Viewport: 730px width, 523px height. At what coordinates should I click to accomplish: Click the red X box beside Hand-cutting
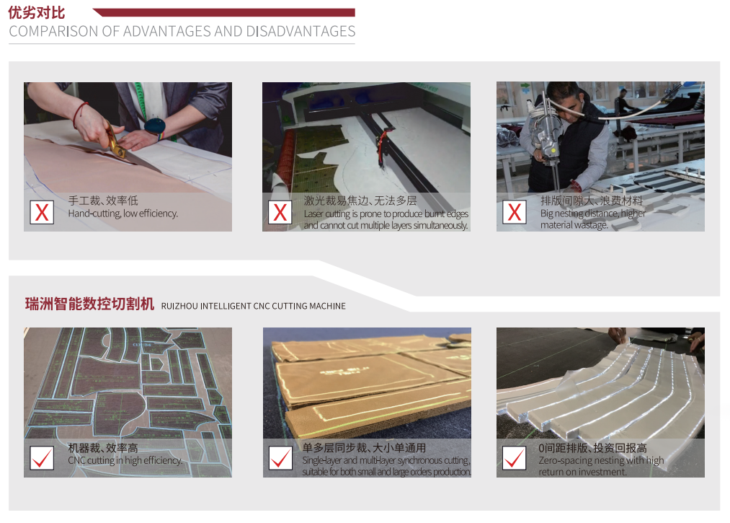42,213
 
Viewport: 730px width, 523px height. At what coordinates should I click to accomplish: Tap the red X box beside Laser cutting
280,213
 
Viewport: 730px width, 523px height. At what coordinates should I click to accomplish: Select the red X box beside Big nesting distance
515,212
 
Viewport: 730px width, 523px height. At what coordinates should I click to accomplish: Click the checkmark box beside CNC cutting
42,458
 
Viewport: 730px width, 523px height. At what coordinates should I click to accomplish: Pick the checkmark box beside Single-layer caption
281,458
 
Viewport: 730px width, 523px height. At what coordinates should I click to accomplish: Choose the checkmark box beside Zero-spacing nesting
515,458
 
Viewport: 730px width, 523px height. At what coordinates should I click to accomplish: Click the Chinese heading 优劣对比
37,12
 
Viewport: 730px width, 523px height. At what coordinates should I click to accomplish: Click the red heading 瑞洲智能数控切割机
89,304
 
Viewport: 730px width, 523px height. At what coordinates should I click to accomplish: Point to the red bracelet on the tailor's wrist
79,114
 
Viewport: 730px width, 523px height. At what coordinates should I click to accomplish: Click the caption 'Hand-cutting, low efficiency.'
123,214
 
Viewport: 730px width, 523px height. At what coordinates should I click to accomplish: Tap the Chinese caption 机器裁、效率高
103,448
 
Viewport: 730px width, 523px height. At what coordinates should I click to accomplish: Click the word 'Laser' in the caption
313,214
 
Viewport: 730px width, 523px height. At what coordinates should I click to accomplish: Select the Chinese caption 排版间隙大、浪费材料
591,201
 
